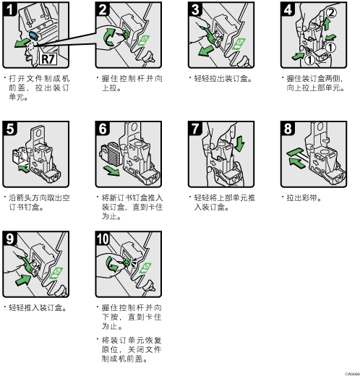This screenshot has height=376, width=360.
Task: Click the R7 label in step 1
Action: [48, 59]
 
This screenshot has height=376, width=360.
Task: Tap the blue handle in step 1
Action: [33, 35]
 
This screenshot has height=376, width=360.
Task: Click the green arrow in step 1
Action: [21, 43]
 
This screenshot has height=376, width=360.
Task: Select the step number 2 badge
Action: [103, 9]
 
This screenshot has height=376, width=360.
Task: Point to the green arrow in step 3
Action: [205, 51]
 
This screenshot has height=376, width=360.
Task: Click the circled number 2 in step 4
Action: [331, 12]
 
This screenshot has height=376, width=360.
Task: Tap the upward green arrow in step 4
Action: [327, 24]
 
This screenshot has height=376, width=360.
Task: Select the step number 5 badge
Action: [10, 129]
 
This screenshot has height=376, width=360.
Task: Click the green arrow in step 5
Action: [24, 168]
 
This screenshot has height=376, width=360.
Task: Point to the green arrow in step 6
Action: [111, 171]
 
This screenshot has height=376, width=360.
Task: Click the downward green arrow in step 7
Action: [239, 144]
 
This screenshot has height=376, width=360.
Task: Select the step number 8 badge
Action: [288, 129]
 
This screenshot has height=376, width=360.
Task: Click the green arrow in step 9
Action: [23, 280]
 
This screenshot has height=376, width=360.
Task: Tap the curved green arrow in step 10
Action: [111, 265]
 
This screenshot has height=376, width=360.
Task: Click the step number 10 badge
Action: [103, 239]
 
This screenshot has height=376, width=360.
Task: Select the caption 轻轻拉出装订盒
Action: [223, 79]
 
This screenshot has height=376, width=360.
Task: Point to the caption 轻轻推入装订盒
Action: [38, 308]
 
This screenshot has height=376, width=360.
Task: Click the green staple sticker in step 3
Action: [239, 44]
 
